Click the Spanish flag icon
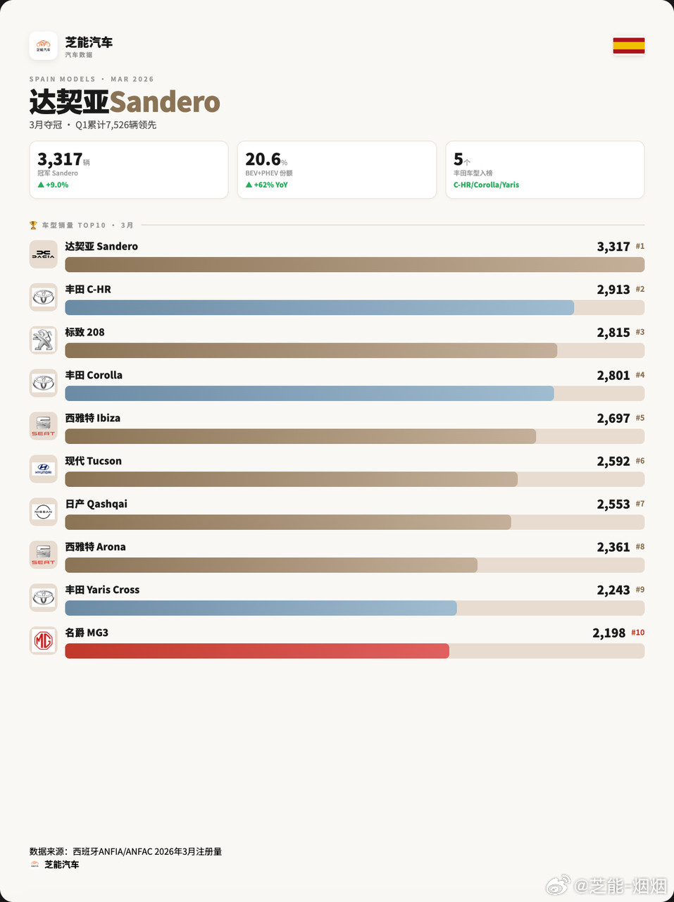pos(628,46)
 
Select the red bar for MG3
pos(257,650)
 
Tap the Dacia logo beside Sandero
pos(43,254)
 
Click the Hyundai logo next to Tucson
pos(43,469)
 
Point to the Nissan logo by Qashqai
pos(43,512)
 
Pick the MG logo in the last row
pos(43,641)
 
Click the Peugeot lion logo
pos(43,340)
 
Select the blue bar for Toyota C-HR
pos(319,307)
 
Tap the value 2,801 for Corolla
pos(613,376)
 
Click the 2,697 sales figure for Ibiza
pos(613,419)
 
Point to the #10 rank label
pos(637,633)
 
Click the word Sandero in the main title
pos(165,103)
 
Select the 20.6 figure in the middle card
pos(263,160)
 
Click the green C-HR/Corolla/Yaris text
pos(486,185)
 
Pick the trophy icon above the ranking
pos(33,225)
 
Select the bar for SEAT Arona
pos(271,565)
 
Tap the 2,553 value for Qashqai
pos(613,505)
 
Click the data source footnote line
pos(125,851)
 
